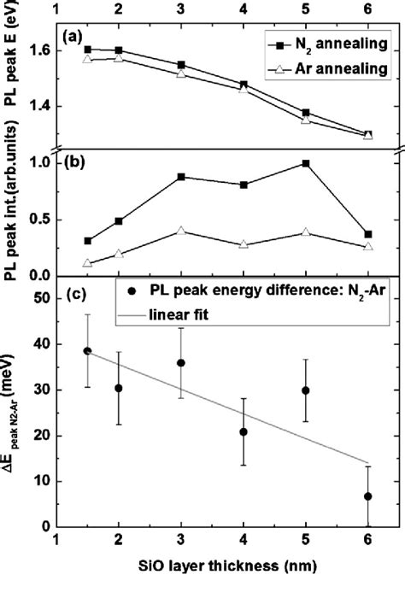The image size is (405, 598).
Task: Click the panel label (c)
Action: click(74, 296)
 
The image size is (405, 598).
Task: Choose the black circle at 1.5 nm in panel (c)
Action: click(88, 351)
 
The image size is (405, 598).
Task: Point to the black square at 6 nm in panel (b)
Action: click(367, 234)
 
